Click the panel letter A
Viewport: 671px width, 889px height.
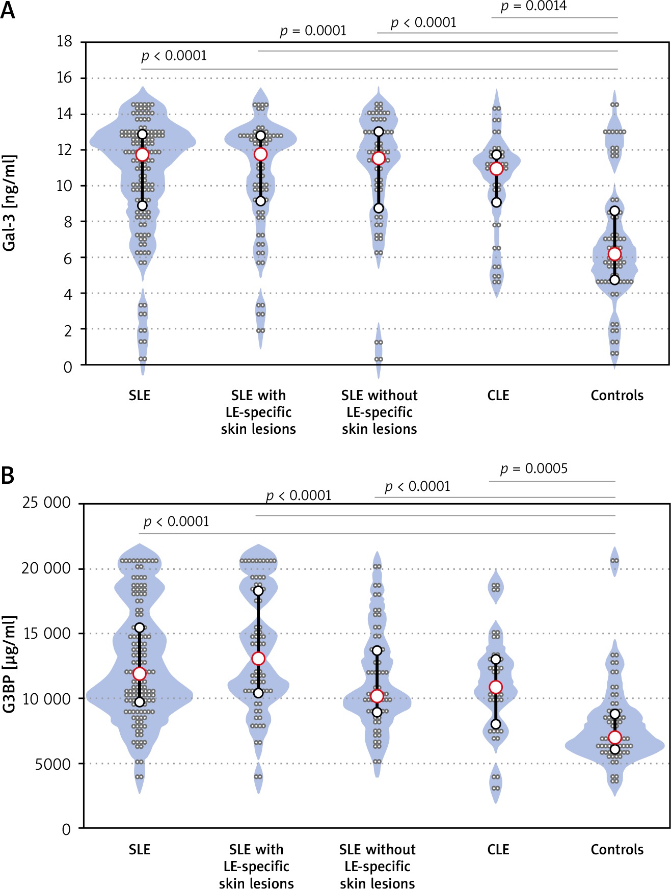(x=8, y=10)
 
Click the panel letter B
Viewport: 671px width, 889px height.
(x=8, y=475)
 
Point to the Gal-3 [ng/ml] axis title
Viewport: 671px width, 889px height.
(x=9, y=203)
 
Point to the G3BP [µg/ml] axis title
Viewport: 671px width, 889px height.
(x=9, y=664)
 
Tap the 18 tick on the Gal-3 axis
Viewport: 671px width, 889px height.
(x=65, y=41)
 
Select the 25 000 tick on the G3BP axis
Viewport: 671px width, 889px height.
(x=46, y=503)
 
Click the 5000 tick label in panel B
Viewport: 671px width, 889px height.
(x=53, y=764)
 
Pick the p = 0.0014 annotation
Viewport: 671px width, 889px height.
(x=533, y=6)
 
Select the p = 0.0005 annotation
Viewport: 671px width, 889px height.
(x=533, y=468)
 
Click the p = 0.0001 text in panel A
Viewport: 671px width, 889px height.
(x=313, y=31)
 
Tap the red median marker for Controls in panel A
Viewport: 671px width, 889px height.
(x=614, y=254)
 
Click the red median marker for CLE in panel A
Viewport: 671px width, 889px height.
(x=496, y=169)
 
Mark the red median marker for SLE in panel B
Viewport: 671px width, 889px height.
(x=140, y=674)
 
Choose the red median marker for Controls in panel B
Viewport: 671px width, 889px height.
(x=615, y=738)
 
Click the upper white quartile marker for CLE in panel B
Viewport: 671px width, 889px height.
(x=496, y=660)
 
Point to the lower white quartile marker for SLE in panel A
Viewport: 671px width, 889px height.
(x=142, y=205)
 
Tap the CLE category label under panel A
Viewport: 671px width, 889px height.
(x=498, y=396)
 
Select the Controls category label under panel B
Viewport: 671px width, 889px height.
(x=616, y=850)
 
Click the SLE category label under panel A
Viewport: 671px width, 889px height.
(x=139, y=396)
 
